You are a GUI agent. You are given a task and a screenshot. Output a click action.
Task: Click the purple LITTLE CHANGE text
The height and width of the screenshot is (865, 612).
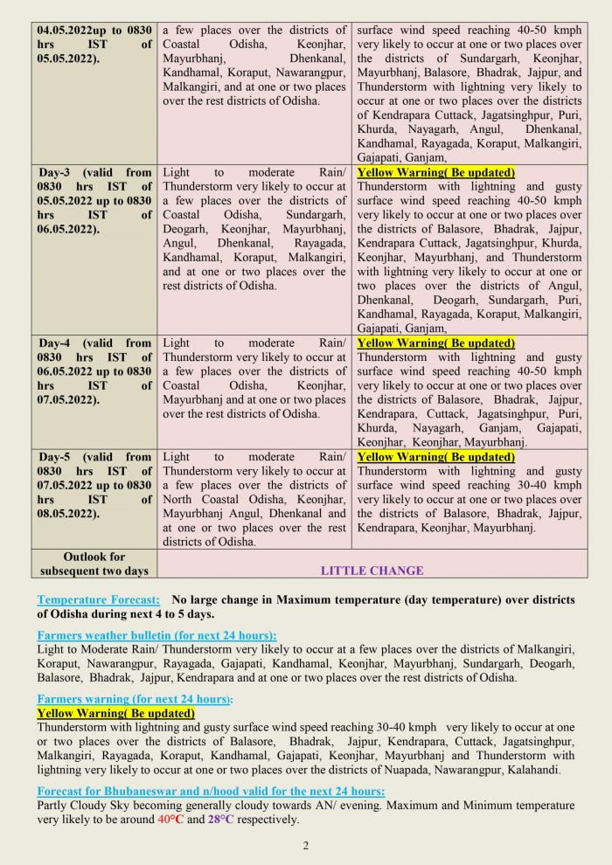[x=372, y=571]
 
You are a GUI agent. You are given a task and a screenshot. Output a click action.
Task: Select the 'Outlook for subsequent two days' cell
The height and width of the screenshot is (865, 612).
[x=94, y=564]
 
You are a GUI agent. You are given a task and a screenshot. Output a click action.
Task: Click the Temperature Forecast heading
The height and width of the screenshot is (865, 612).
[x=99, y=600]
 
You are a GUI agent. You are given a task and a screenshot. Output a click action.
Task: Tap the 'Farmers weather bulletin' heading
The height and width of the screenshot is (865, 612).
[x=157, y=635]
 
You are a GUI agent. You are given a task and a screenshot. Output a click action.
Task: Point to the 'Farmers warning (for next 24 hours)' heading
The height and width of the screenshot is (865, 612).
[x=136, y=699]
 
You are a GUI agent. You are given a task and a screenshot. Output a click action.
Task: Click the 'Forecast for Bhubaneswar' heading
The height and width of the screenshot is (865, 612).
[x=211, y=792]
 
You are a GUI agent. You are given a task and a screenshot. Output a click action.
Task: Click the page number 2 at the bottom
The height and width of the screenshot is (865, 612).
[x=306, y=845]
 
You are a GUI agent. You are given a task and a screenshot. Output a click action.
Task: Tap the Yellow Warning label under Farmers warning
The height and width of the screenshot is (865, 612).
[x=116, y=713]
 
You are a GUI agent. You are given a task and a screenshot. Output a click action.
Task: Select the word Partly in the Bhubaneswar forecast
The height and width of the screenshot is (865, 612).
[x=55, y=806]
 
